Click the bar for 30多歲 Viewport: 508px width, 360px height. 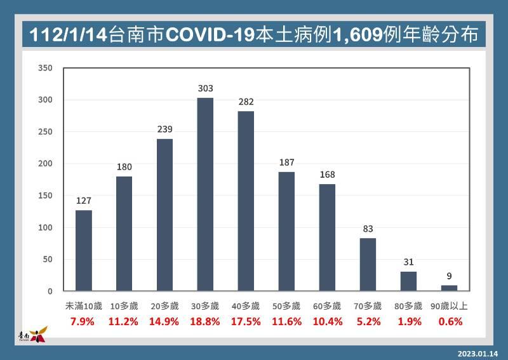click(x=205, y=194)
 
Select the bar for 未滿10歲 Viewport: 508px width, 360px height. click(x=84, y=251)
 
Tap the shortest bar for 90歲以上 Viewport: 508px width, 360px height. click(x=449, y=288)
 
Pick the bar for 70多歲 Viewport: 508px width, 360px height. click(x=368, y=264)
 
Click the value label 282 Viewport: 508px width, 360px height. click(x=246, y=102)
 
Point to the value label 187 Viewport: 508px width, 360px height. click(x=287, y=163)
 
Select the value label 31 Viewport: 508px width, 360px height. click(x=408, y=262)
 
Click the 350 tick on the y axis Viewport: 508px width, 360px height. click(x=45, y=68)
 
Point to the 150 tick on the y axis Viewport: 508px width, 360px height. click(x=45, y=196)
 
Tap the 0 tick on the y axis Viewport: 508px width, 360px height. click(x=50, y=291)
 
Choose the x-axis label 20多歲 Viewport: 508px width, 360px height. click(x=164, y=306)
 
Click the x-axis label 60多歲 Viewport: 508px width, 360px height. click(x=327, y=306)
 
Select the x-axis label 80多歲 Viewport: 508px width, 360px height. click(x=408, y=306)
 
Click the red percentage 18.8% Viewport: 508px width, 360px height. click(x=205, y=321)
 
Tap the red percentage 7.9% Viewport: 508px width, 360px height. click(x=83, y=321)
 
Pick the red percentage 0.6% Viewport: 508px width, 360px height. click(x=451, y=321)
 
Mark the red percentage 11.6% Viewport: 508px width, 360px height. click(x=287, y=321)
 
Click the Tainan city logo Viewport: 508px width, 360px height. click(x=34, y=335)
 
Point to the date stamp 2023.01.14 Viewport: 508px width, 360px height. click(x=478, y=354)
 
